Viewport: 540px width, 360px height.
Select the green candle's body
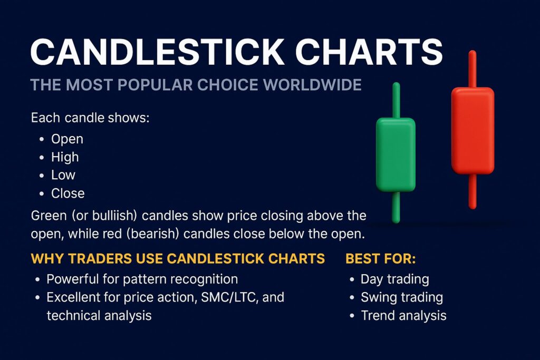pos(395,154)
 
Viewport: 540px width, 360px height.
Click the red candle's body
pos(472,130)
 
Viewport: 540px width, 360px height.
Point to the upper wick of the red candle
pos(472,69)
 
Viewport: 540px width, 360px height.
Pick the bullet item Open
pos(67,139)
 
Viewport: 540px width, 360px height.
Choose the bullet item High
pos(65,157)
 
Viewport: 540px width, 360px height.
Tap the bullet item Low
pos(63,175)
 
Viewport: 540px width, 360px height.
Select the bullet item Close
pos(67,193)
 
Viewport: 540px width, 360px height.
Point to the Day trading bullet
pos(394,279)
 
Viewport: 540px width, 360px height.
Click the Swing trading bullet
pos(401,297)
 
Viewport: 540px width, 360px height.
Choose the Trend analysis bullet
pos(403,316)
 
